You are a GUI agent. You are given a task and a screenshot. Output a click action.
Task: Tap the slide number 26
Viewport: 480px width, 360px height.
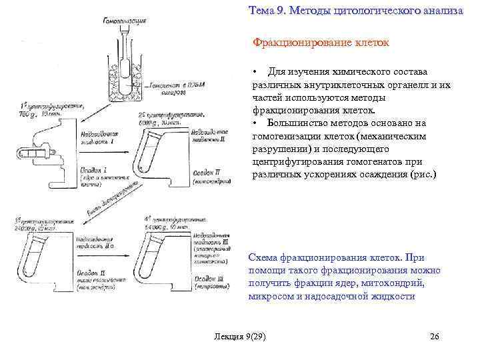tap(435, 336)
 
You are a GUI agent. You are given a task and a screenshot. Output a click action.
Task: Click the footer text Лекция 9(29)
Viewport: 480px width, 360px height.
tap(237, 336)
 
